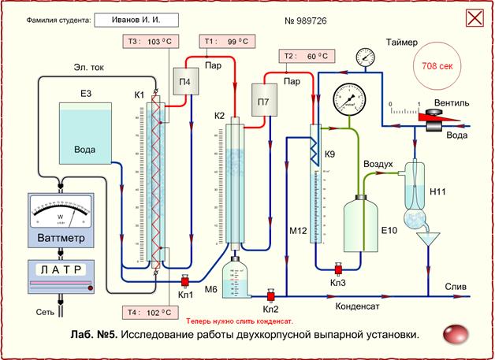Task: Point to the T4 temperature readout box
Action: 148,312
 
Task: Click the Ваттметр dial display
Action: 61,210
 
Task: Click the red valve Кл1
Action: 186,281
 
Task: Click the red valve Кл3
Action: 337,269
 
